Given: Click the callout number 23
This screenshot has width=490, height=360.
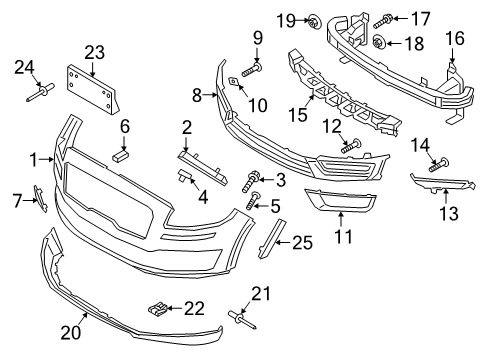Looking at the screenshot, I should click(94, 52).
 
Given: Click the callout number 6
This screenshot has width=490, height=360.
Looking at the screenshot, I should click(125, 126).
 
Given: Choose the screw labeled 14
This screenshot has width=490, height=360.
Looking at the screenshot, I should click(437, 164).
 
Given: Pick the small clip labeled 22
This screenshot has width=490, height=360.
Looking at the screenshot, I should click(155, 305).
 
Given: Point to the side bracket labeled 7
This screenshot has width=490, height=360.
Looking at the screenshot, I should click(37, 199).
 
